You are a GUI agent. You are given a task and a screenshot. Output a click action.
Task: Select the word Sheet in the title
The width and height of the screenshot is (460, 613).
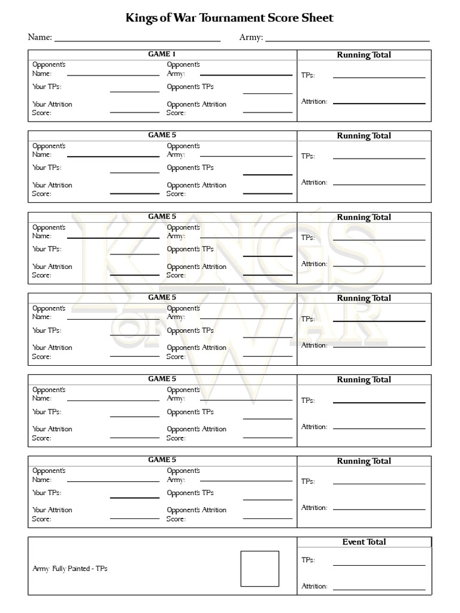[318, 19]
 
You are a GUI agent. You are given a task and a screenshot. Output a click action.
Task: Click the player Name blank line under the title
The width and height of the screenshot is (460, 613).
[137, 40]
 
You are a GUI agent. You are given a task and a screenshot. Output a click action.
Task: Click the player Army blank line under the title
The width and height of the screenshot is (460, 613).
[347, 40]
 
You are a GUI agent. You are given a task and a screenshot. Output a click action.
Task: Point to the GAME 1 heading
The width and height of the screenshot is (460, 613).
[162, 54]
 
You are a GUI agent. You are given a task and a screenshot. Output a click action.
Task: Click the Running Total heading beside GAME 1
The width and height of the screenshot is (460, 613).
[364, 55]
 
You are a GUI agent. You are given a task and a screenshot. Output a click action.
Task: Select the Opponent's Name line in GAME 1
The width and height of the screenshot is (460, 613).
[113, 75]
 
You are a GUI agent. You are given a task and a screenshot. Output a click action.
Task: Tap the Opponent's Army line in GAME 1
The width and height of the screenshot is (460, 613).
[246, 75]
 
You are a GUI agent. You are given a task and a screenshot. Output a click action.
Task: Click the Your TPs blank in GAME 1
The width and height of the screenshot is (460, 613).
[135, 92]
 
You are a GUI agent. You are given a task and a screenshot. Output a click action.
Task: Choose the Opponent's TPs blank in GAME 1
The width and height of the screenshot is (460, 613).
[268, 93]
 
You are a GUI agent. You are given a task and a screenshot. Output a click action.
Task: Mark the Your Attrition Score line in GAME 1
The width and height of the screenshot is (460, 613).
[135, 113]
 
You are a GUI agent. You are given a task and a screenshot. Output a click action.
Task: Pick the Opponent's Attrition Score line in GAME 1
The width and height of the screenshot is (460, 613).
[268, 113]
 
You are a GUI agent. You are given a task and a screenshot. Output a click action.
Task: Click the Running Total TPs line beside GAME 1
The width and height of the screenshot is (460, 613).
[379, 77]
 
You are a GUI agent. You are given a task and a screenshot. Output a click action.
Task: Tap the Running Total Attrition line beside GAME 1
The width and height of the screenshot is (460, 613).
[379, 104]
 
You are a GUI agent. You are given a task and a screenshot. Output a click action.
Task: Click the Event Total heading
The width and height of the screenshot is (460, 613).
[364, 542]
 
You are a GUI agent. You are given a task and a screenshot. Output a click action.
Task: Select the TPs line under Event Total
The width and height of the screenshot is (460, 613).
[379, 565]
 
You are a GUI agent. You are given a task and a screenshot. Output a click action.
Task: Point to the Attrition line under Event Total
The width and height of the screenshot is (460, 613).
[379, 590]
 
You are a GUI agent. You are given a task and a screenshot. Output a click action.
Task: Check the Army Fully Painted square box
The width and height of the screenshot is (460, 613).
[260, 569]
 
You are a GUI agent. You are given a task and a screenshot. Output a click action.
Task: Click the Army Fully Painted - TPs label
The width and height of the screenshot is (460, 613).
[70, 569]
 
